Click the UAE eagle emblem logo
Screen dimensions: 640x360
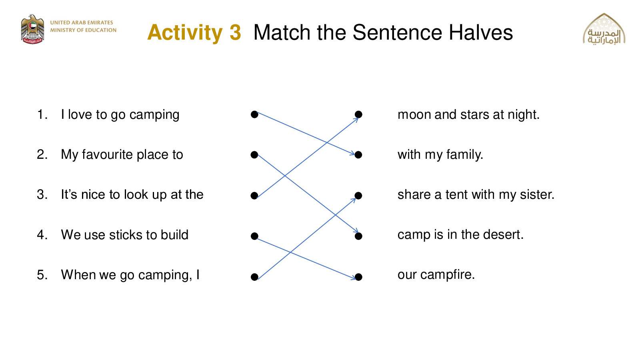tap(32, 29)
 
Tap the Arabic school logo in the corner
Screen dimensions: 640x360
tap(604, 29)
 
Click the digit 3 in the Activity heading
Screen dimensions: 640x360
tap(235, 32)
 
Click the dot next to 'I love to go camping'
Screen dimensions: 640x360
tap(254, 114)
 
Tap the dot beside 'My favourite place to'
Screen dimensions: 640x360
tap(254, 155)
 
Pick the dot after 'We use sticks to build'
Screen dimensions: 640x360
tap(254, 236)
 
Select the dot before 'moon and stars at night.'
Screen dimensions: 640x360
tap(358, 114)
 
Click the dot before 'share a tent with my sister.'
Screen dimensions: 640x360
tap(358, 196)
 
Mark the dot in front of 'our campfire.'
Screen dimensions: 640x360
tap(358, 276)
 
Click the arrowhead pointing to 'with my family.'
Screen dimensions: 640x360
tap(352, 154)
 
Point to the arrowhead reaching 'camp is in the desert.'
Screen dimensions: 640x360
tap(356, 230)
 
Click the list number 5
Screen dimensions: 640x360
tap(40, 275)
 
